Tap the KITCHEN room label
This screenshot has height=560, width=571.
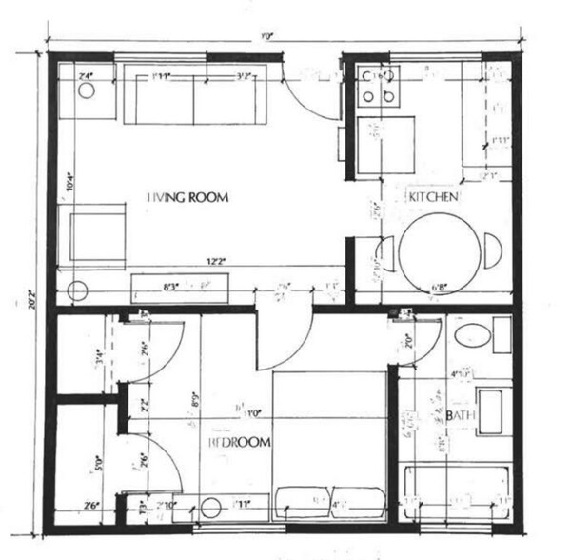pos(434,197)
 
